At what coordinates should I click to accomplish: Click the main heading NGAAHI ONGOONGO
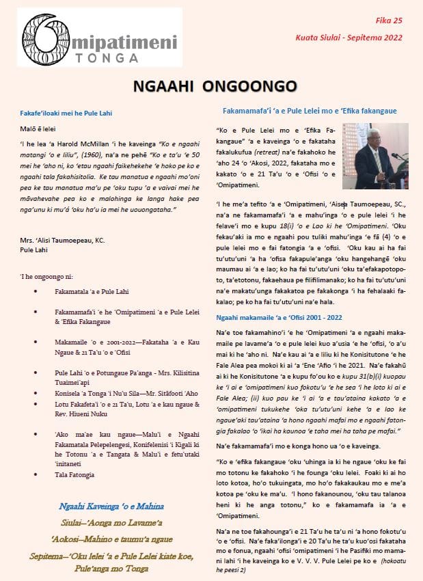tap(210, 86)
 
